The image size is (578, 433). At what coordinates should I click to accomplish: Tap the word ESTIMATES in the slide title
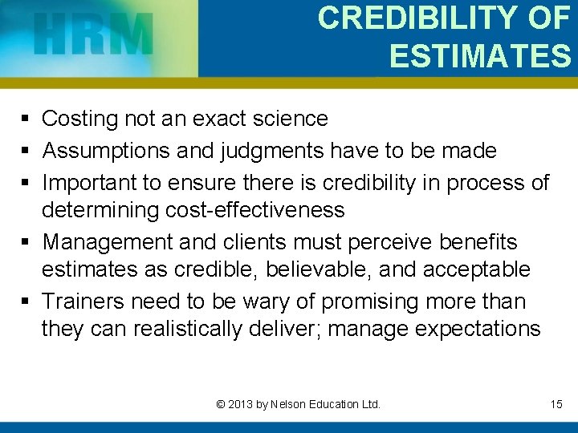(480, 56)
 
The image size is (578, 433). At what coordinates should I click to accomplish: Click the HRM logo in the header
(95, 36)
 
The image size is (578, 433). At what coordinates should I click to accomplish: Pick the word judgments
(254, 150)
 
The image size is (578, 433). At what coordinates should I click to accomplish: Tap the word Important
(89, 182)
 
